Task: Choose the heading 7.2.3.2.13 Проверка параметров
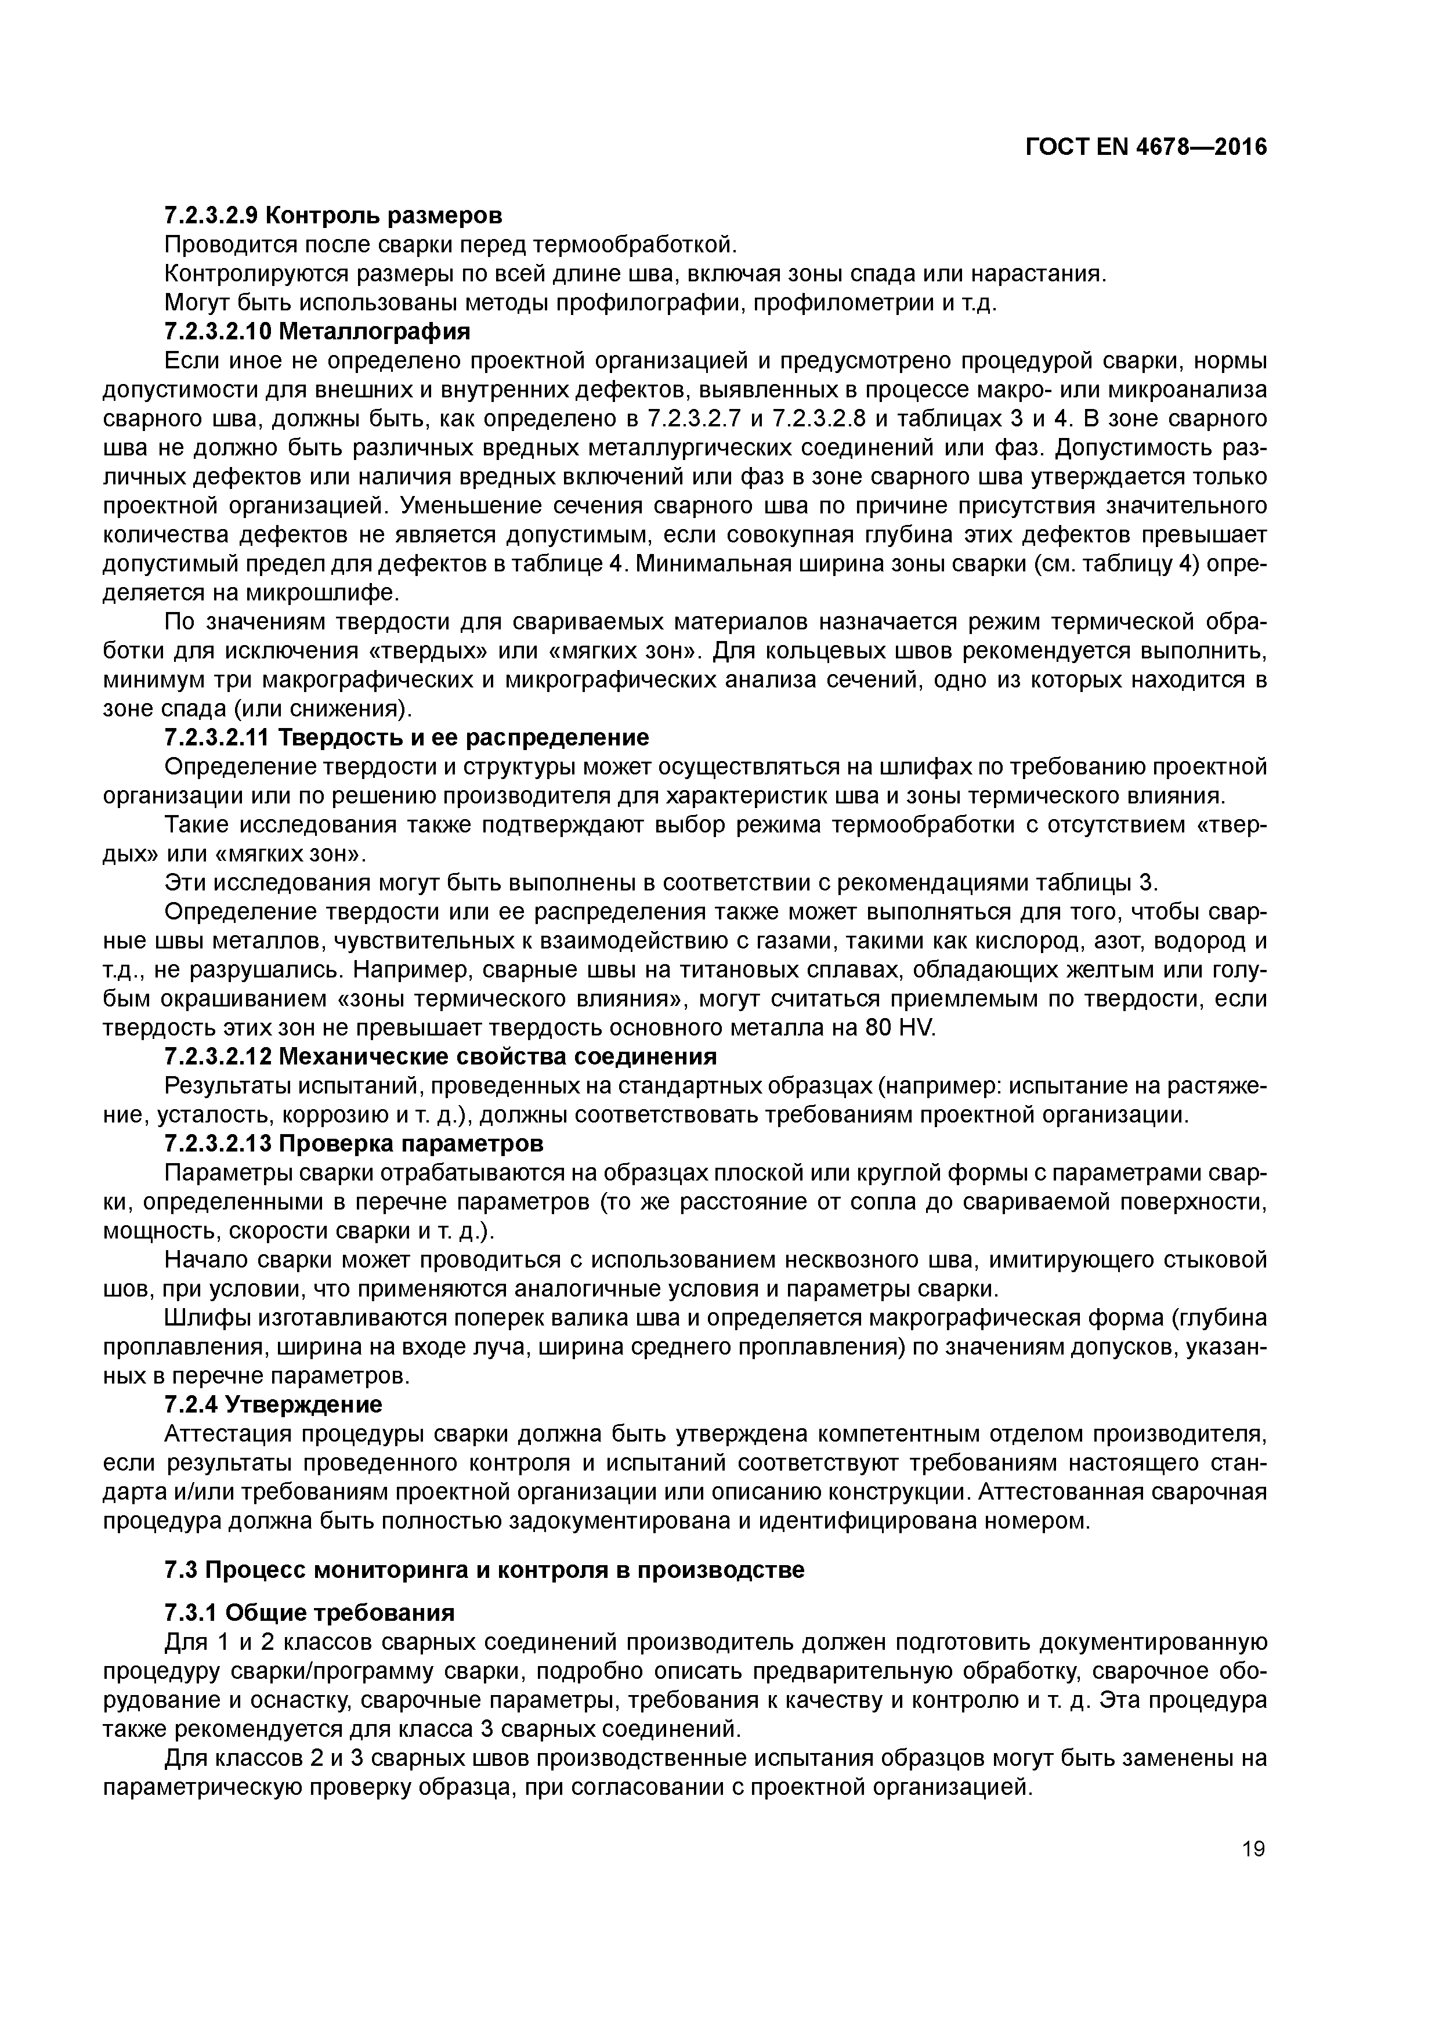[354, 1143]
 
